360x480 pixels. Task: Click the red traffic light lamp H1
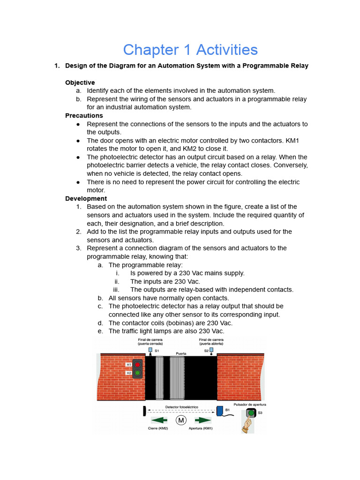coord(137,364)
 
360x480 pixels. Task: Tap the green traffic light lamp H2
coord(137,373)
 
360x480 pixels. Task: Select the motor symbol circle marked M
coord(181,420)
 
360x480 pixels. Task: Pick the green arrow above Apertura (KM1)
coord(203,420)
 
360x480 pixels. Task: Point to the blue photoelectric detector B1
coord(219,411)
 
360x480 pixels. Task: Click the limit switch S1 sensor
coord(150,350)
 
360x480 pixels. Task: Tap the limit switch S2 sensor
coord(211,350)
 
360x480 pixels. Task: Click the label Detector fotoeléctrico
coord(181,407)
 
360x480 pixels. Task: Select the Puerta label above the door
coord(181,353)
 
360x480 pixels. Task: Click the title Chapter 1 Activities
coord(190,50)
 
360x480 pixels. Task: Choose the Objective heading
coord(80,82)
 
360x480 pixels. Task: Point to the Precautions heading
coord(84,116)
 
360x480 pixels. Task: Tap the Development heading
coord(86,199)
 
